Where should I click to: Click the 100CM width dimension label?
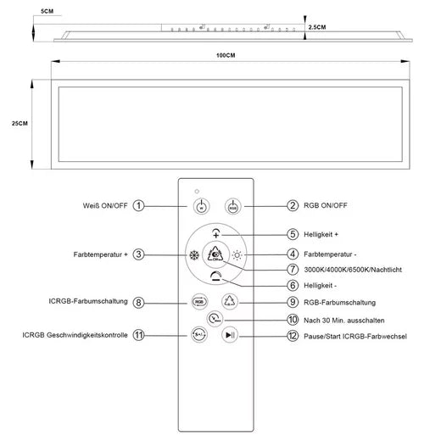pos(226,55)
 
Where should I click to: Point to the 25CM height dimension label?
pos(20,123)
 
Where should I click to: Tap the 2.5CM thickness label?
pos(317,27)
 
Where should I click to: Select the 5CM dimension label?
pos(47,11)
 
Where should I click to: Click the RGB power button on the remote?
pos(233,206)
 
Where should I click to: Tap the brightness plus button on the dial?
pos(216,233)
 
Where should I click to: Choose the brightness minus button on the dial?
pos(216,276)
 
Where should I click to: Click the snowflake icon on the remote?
pos(194,255)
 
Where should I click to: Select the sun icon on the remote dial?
pos(237,255)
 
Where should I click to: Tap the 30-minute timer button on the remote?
pos(215,319)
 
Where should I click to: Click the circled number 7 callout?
pos(293,270)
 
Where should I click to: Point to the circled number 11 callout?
pos(138,335)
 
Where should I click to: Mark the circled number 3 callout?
pos(138,254)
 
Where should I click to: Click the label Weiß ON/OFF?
pos(105,205)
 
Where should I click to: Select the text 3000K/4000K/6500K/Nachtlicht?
pos(353,270)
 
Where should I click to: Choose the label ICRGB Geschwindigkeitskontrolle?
pos(75,335)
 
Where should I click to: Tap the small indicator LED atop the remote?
pos(197,192)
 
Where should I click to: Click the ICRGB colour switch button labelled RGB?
pos(199,302)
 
